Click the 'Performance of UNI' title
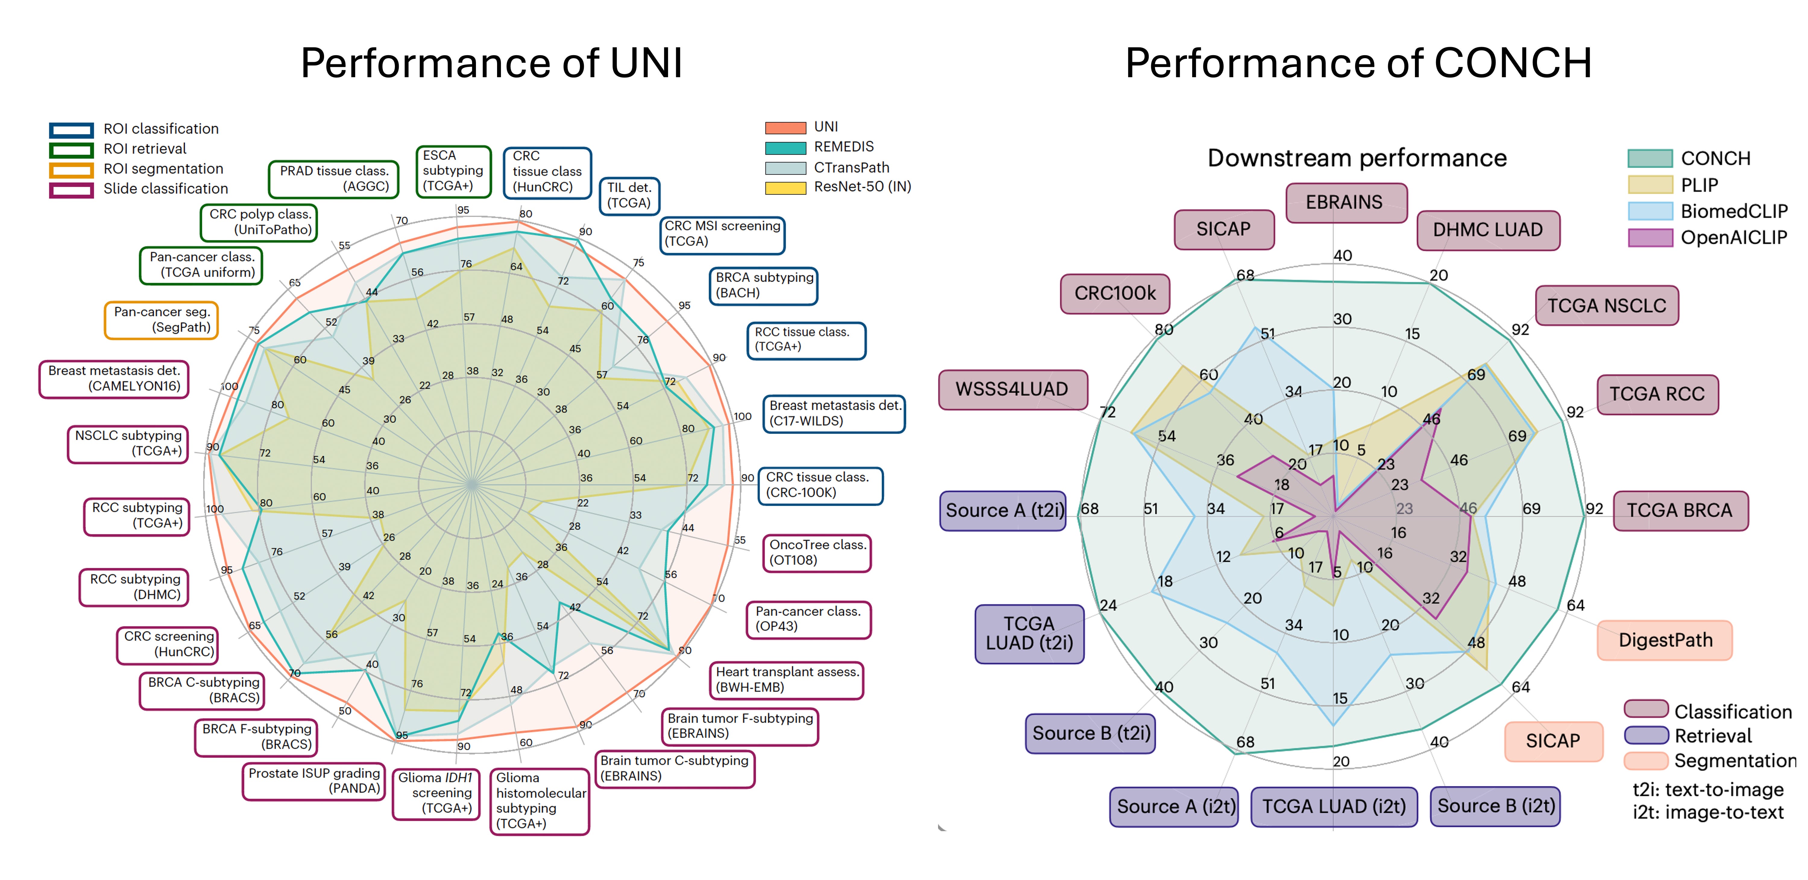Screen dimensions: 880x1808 point(491,63)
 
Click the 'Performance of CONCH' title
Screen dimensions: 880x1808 point(1358,63)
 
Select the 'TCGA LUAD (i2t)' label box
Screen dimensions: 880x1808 point(1334,806)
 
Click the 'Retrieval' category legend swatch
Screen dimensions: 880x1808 point(1646,735)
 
